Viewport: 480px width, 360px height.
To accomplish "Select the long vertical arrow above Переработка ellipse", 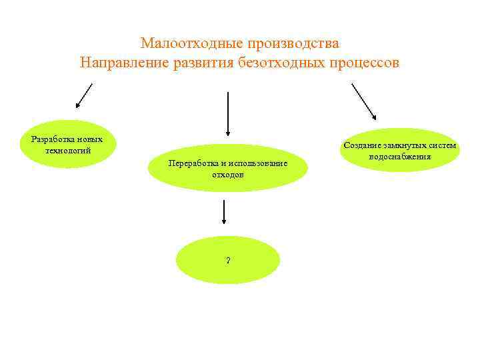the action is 229,113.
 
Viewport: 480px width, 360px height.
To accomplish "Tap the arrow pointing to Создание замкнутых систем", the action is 363,101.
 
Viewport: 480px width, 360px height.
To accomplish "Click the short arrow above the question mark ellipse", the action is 223,212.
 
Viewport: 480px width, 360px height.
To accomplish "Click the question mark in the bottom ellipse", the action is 228,261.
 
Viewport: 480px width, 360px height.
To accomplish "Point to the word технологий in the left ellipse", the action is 67,150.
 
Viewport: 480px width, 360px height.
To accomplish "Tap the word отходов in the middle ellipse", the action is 228,174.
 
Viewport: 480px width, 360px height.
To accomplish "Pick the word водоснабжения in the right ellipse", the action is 400,156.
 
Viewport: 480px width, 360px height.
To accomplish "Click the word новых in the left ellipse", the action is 89,139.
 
